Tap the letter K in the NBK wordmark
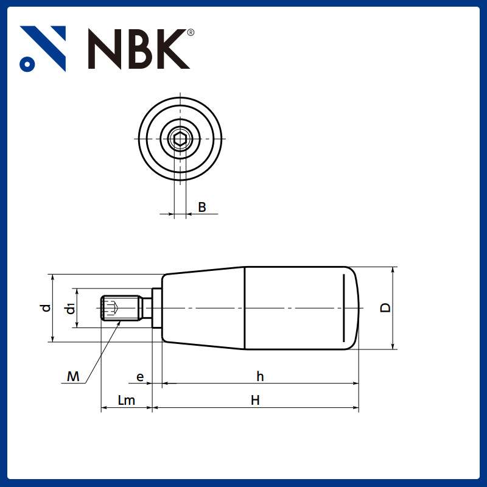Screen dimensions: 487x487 169,49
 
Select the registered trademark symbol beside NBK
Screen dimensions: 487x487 191,32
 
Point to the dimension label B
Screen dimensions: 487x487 202,208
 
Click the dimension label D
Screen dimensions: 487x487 385,307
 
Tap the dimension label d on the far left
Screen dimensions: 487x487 46,308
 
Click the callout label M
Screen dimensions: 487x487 73,377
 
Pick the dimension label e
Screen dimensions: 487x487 140,377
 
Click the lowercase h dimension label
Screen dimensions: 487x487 260,377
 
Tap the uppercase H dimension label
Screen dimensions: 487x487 256,400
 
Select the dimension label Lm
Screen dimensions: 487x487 126,400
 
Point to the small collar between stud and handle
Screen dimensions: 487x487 156,308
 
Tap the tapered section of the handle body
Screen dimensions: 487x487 204,308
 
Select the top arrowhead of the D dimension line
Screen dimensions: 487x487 394,270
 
